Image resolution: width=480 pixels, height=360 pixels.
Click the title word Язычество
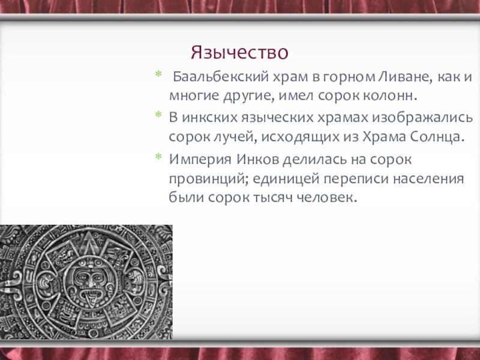[239, 52]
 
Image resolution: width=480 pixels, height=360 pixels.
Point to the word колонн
[390, 96]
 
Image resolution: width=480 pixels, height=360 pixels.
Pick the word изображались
[422, 117]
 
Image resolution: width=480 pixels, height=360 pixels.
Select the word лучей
[232, 137]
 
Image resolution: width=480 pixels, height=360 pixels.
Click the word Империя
[200, 160]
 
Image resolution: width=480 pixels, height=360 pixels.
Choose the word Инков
[257, 160]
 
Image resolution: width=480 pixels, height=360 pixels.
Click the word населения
[428, 178]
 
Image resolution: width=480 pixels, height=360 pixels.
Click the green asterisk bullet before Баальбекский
[158, 74]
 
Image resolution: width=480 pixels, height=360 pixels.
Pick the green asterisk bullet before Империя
[158, 157]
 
